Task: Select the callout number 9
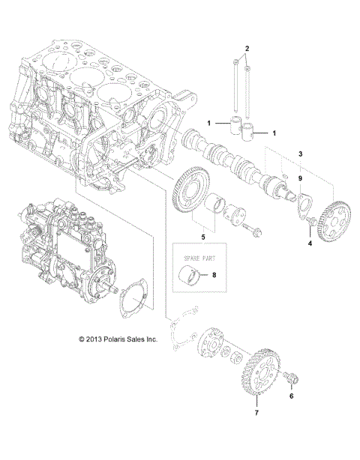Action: pos(300,179)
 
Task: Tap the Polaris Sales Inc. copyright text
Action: pos(118,339)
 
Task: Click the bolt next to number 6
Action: pos(292,374)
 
